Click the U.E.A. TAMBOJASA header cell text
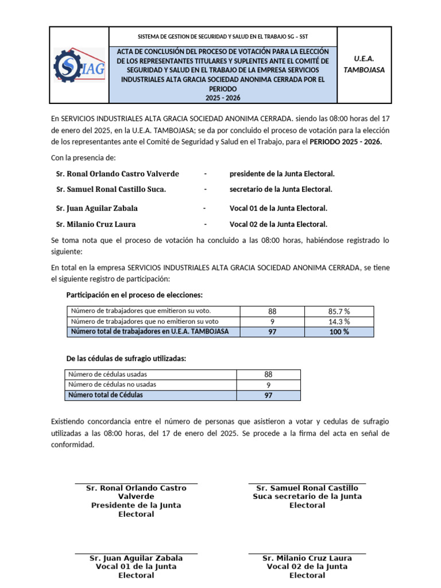[x=364, y=64]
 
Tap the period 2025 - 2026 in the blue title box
[x=225, y=98]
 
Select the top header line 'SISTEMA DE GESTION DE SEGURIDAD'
[x=225, y=36]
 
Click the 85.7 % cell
[x=338, y=311]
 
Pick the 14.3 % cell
[x=338, y=322]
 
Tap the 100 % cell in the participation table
[x=338, y=332]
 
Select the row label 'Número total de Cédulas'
[x=106, y=395]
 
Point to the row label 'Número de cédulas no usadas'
[x=111, y=385]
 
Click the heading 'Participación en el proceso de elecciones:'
[x=134, y=295]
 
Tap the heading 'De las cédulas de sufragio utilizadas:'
[x=126, y=358]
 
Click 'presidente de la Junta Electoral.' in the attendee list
[x=282, y=173]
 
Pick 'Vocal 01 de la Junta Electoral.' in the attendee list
[x=278, y=208]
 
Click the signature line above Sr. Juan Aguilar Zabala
[x=136, y=554]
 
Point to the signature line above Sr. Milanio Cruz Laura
[x=307, y=554]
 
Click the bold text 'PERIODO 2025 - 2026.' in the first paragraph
[x=345, y=141]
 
